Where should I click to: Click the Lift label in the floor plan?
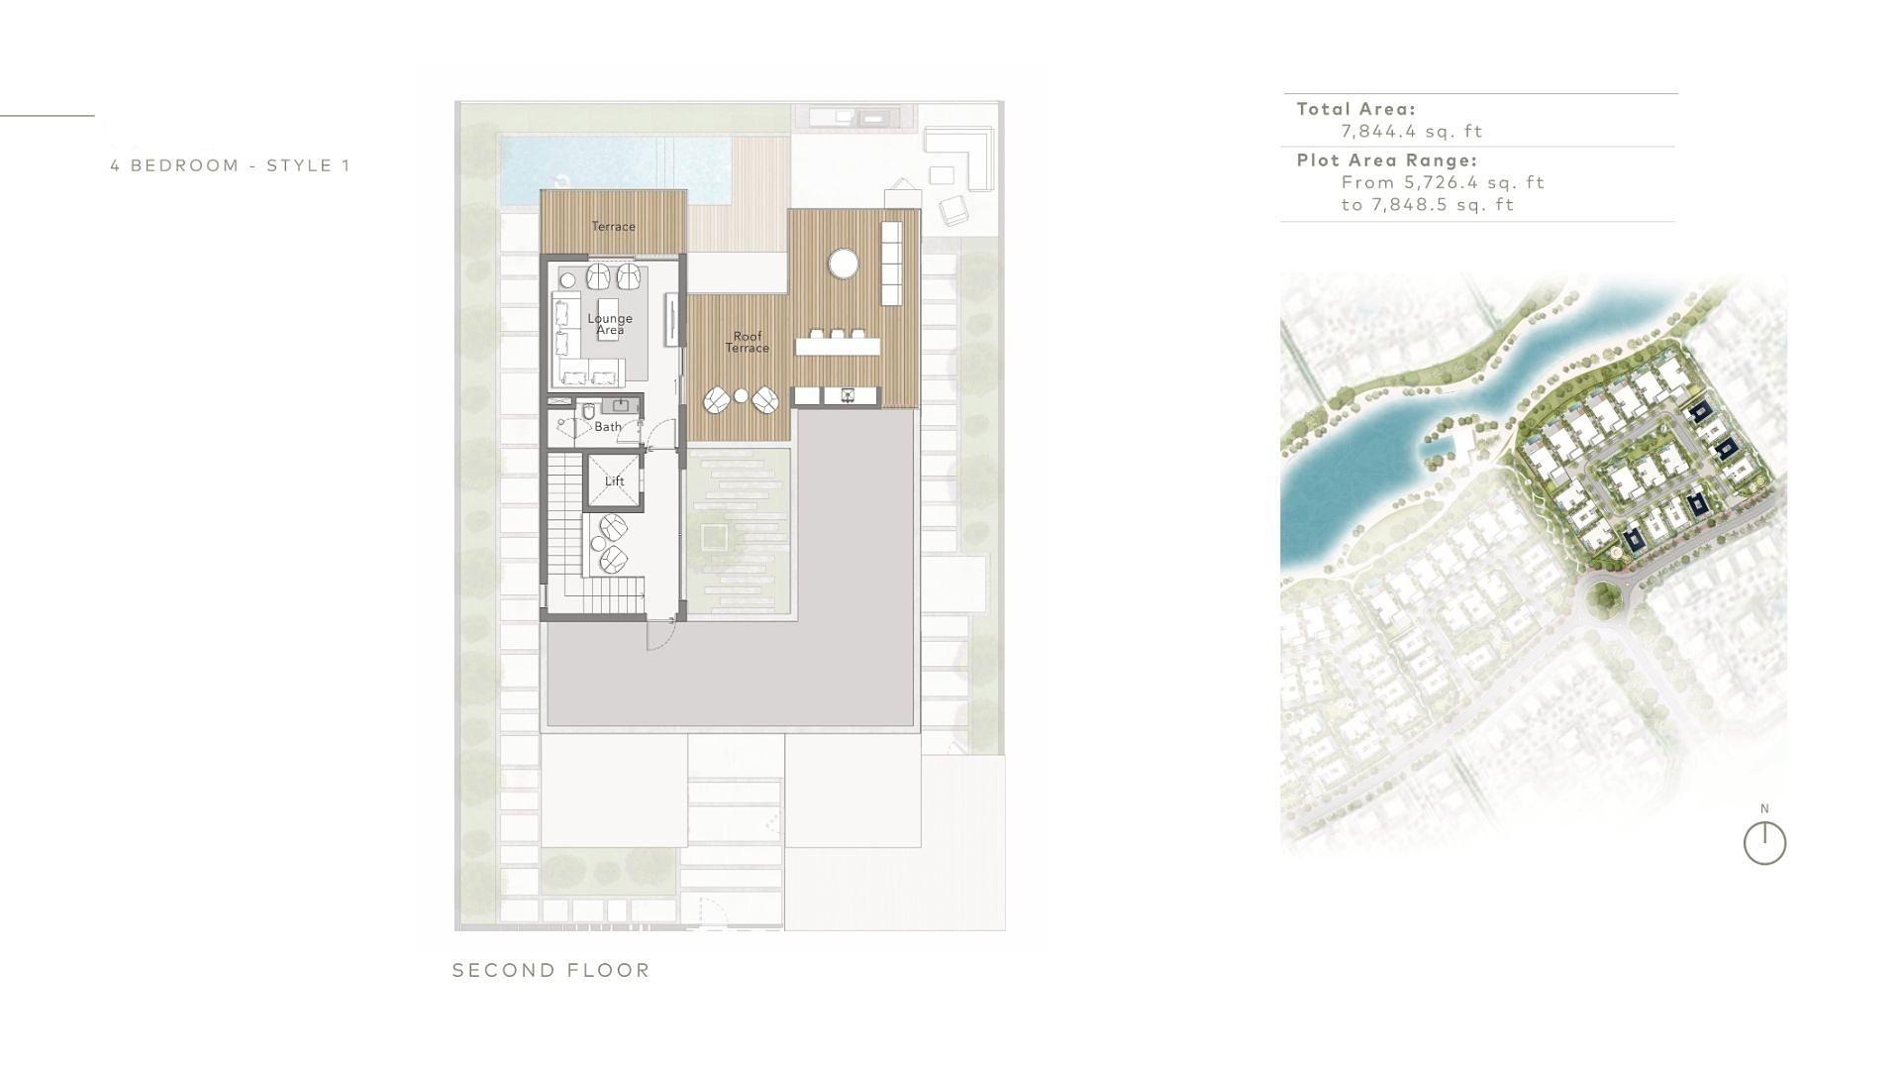(614, 481)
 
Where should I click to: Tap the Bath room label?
(608, 427)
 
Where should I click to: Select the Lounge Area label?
(610, 324)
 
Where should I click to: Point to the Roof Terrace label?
(747, 342)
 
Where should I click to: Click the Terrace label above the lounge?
(613, 226)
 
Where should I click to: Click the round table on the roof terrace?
(844, 264)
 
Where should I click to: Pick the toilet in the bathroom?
(588, 410)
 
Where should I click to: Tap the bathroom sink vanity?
(621, 405)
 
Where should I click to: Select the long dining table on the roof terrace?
(837, 347)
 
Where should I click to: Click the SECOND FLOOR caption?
(551, 971)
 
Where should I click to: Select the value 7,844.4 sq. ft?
(1412, 131)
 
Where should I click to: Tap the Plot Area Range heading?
(1387, 160)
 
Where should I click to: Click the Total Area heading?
(1356, 109)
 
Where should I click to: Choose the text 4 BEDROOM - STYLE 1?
(231, 165)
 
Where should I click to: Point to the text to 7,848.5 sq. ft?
(1428, 205)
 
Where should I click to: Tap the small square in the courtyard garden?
(714, 539)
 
